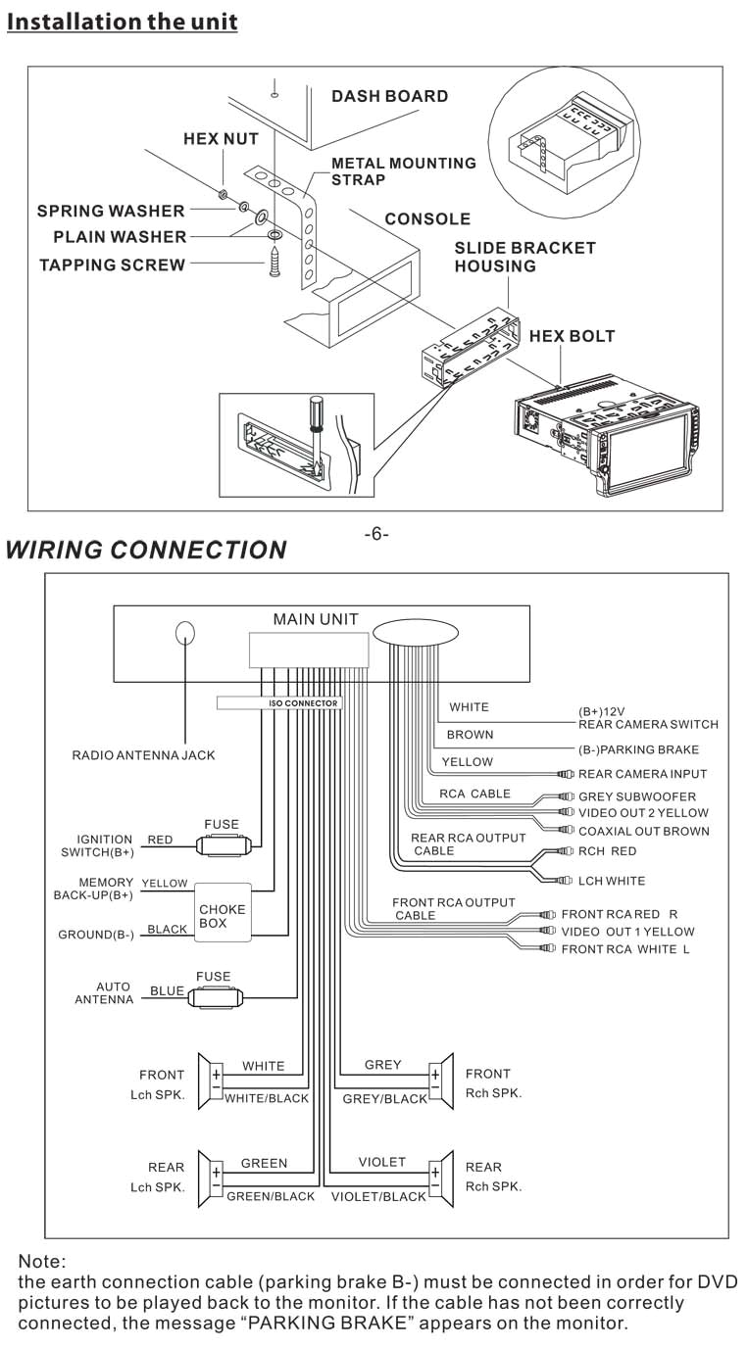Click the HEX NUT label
(221, 139)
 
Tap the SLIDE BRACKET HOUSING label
(524, 257)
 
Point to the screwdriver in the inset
(316, 422)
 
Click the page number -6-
(375, 534)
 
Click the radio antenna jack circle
(185, 633)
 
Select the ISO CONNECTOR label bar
(277, 702)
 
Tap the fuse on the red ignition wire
(224, 843)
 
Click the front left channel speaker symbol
(211, 1081)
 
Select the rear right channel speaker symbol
(441, 1174)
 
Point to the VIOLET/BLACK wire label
(378, 1196)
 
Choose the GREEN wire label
(264, 1163)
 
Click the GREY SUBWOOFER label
(636, 796)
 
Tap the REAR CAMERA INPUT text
(642, 774)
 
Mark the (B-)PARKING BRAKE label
(638, 749)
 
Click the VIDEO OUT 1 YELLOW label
(626, 932)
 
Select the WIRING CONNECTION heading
(146, 550)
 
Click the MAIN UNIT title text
(315, 619)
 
